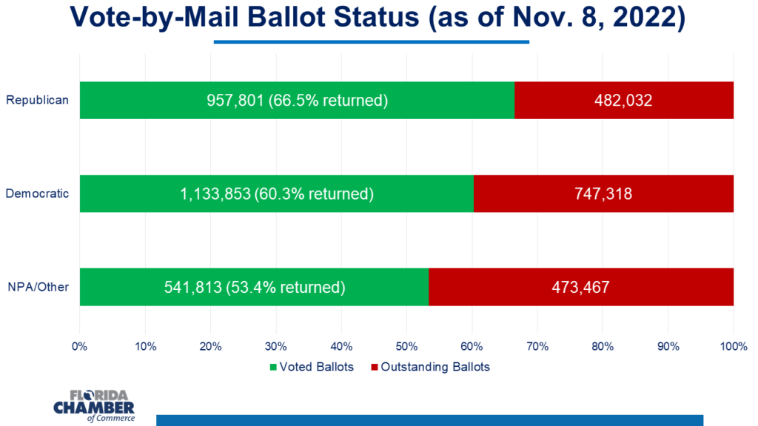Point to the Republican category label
pyautogui.click(x=37, y=100)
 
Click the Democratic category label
pyautogui.click(x=37, y=194)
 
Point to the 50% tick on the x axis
pyautogui.click(x=406, y=345)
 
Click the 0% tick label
pyautogui.click(x=79, y=345)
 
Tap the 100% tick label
pyautogui.click(x=733, y=345)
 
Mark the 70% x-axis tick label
pyautogui.click(x=537, y=345)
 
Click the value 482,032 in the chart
pyautogui.click(x=623, y=100)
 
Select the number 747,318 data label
pyautogui.click(x=603, y=194)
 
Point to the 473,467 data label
pyautogui.click(x=580, y=286)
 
